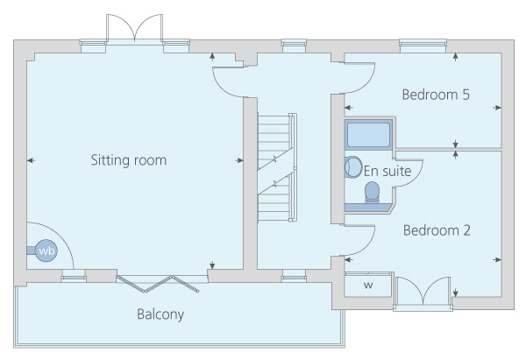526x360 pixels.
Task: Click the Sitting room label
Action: [129, 160]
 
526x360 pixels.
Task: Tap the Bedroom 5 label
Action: [436, 95]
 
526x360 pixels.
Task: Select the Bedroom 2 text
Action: [437, 230]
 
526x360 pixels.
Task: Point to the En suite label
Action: [387, 172]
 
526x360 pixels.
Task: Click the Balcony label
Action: [160, 314]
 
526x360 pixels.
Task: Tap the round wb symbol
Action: [46, 251]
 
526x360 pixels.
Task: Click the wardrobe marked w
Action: [368, 285]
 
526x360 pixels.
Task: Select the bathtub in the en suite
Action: [368, 135]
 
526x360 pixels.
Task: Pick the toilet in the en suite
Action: [372, 193]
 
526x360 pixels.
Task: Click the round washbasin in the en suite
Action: [353, 167]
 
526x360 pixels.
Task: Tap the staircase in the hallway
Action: [277, 167]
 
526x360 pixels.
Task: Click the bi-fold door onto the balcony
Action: [158, 284]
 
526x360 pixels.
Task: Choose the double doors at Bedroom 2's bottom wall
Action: [423, 291]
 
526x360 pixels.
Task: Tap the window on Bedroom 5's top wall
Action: [423, 46]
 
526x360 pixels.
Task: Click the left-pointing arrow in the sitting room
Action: [31, 160]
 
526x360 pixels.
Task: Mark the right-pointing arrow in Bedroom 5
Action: [497, 108]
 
